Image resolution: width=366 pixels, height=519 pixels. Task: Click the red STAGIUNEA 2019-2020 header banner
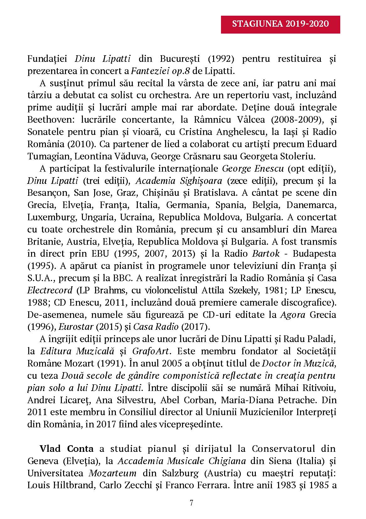coord(280,24)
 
